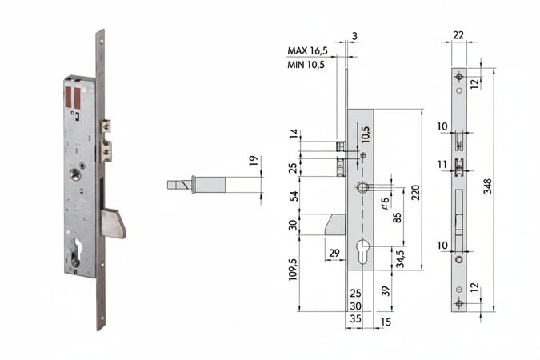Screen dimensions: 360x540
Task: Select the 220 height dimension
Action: [415, 191]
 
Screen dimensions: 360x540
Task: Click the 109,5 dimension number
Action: [293, 272]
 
